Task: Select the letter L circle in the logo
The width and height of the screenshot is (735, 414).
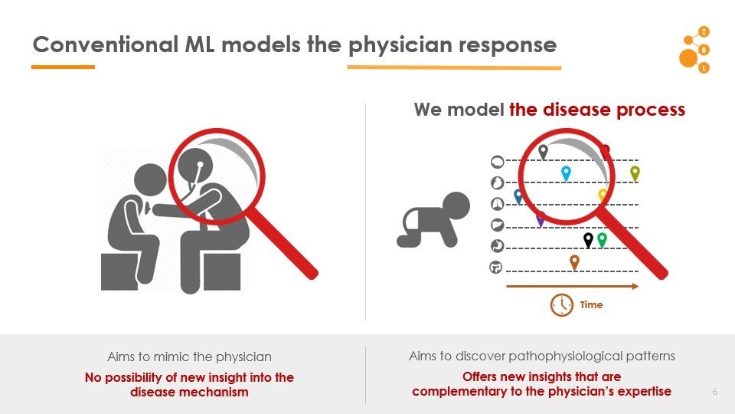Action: [704, 67]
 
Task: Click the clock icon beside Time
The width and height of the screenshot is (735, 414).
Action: [562, 304]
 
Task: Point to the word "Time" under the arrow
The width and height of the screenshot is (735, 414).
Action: [591, 305]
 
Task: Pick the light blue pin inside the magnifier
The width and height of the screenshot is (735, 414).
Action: [566, 173]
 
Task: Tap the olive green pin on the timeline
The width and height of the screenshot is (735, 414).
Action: [634, 172]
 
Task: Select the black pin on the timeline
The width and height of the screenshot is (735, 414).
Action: [588, 240]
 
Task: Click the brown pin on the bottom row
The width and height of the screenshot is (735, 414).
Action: [574, 262]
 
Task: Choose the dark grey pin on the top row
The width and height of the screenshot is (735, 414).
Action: [543, 151]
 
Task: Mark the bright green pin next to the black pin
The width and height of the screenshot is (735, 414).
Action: [602, 240]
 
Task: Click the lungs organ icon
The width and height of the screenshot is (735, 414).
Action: [497, 203]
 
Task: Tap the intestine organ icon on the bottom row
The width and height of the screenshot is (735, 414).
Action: [496, 268]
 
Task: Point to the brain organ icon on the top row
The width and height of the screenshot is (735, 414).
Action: [497, 162]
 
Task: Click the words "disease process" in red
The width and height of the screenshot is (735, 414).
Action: [597, 110]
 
